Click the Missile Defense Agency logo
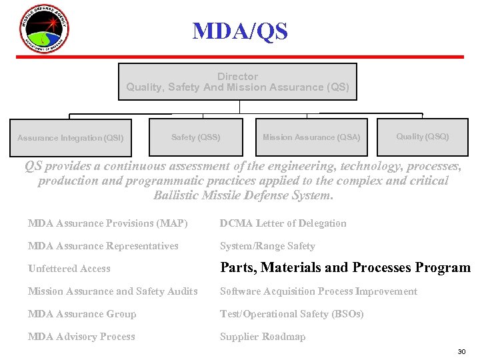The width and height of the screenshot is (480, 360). [x=44, y=29]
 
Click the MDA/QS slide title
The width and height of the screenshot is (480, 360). [x=240, y=31]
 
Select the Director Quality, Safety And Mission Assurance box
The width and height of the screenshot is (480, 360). [x=237, y=82]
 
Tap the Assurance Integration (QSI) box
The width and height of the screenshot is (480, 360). [x=70, y=138]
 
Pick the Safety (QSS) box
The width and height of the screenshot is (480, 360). [x=195, y=137]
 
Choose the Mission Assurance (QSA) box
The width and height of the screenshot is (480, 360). [x=311, y=137]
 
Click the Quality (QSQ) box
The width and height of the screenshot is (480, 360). [x=423, y=137]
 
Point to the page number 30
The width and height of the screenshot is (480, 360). [x=461, y=351]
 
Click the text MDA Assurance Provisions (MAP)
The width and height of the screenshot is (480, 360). [x=108, y=223]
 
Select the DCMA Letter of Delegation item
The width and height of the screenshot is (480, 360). [x=283, y=223]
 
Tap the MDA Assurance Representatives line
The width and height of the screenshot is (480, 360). [x=103, y=246]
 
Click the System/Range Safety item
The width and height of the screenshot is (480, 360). [x=267, y=246]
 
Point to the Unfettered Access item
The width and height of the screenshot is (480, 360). [x=69, y=269]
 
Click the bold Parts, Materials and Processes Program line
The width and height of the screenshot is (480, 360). [x=345, y=268]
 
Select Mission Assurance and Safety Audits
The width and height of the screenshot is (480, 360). [x=113, y=291]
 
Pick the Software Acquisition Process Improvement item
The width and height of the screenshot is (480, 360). [x=319, y=291]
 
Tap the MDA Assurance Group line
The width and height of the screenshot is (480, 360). [x=82, y=314]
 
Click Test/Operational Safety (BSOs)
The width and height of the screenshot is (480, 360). [x=292, y=314]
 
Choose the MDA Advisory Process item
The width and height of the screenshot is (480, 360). [x=81, y=337]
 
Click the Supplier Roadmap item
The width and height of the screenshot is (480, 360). [x=263, y=337]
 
